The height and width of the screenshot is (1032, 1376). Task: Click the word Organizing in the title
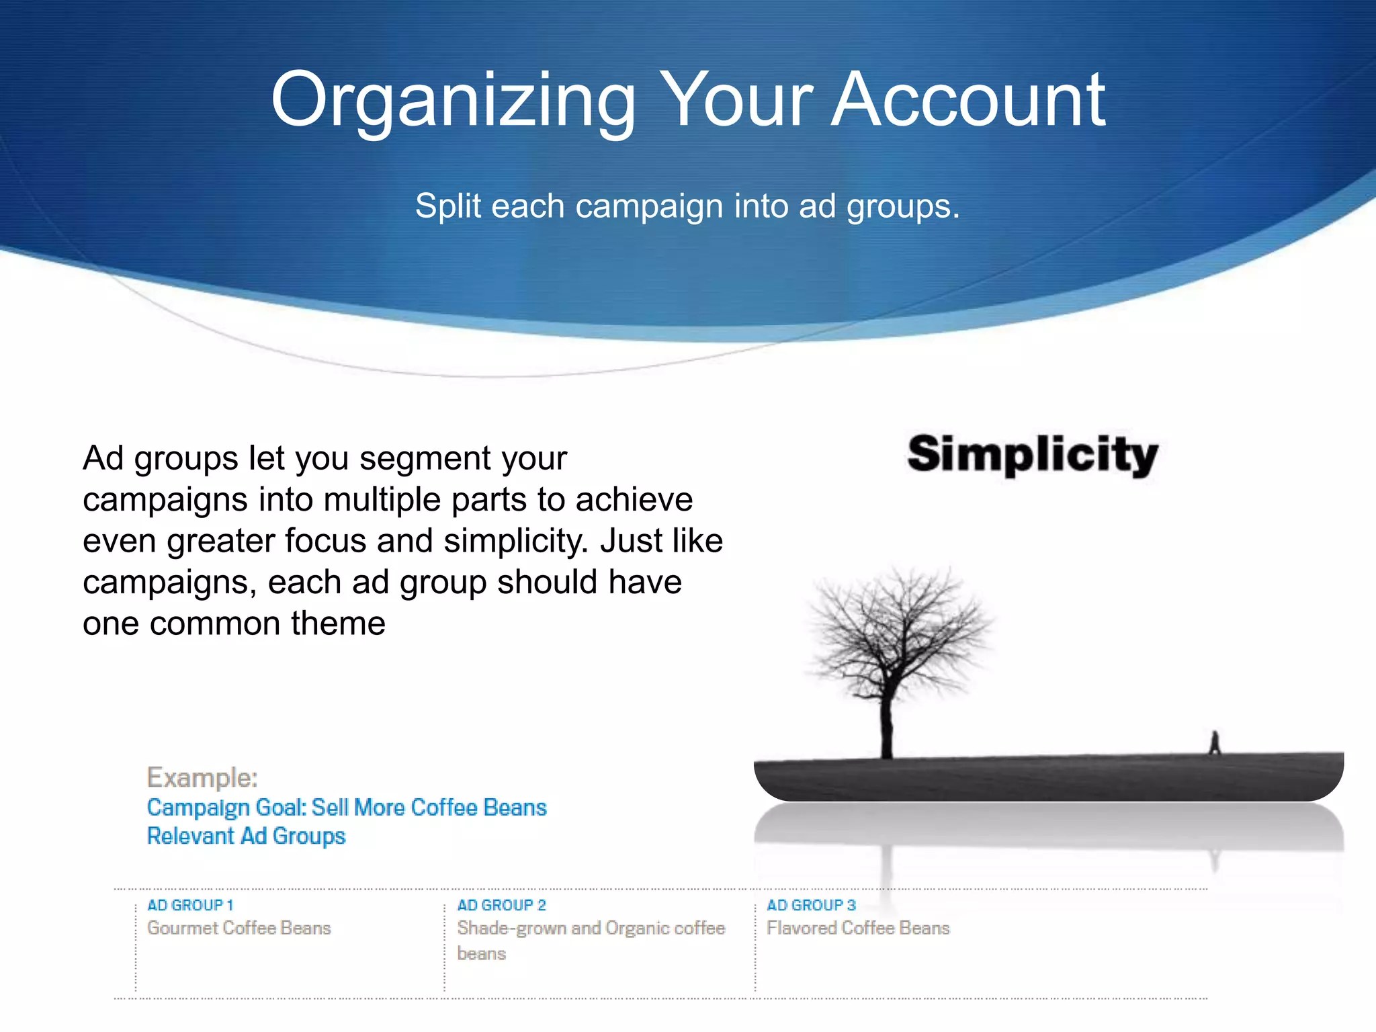453,101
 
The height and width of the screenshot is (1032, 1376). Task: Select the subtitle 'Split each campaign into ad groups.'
687,206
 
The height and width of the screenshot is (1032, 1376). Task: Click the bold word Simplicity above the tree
1033,455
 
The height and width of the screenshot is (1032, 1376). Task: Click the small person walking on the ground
1215,742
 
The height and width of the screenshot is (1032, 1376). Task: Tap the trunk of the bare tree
888,726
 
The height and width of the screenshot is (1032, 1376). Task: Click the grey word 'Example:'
202,777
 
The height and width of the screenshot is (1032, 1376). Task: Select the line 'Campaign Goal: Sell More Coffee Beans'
347,807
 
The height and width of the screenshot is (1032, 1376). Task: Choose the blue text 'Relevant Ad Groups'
246,836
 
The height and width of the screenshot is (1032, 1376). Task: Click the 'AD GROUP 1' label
190,905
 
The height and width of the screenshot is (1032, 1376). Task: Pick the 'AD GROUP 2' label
501,905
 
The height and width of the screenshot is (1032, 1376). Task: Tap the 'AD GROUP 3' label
811,905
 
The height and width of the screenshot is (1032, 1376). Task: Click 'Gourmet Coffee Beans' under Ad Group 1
239,928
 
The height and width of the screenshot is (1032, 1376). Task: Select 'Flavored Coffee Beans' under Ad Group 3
858,928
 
